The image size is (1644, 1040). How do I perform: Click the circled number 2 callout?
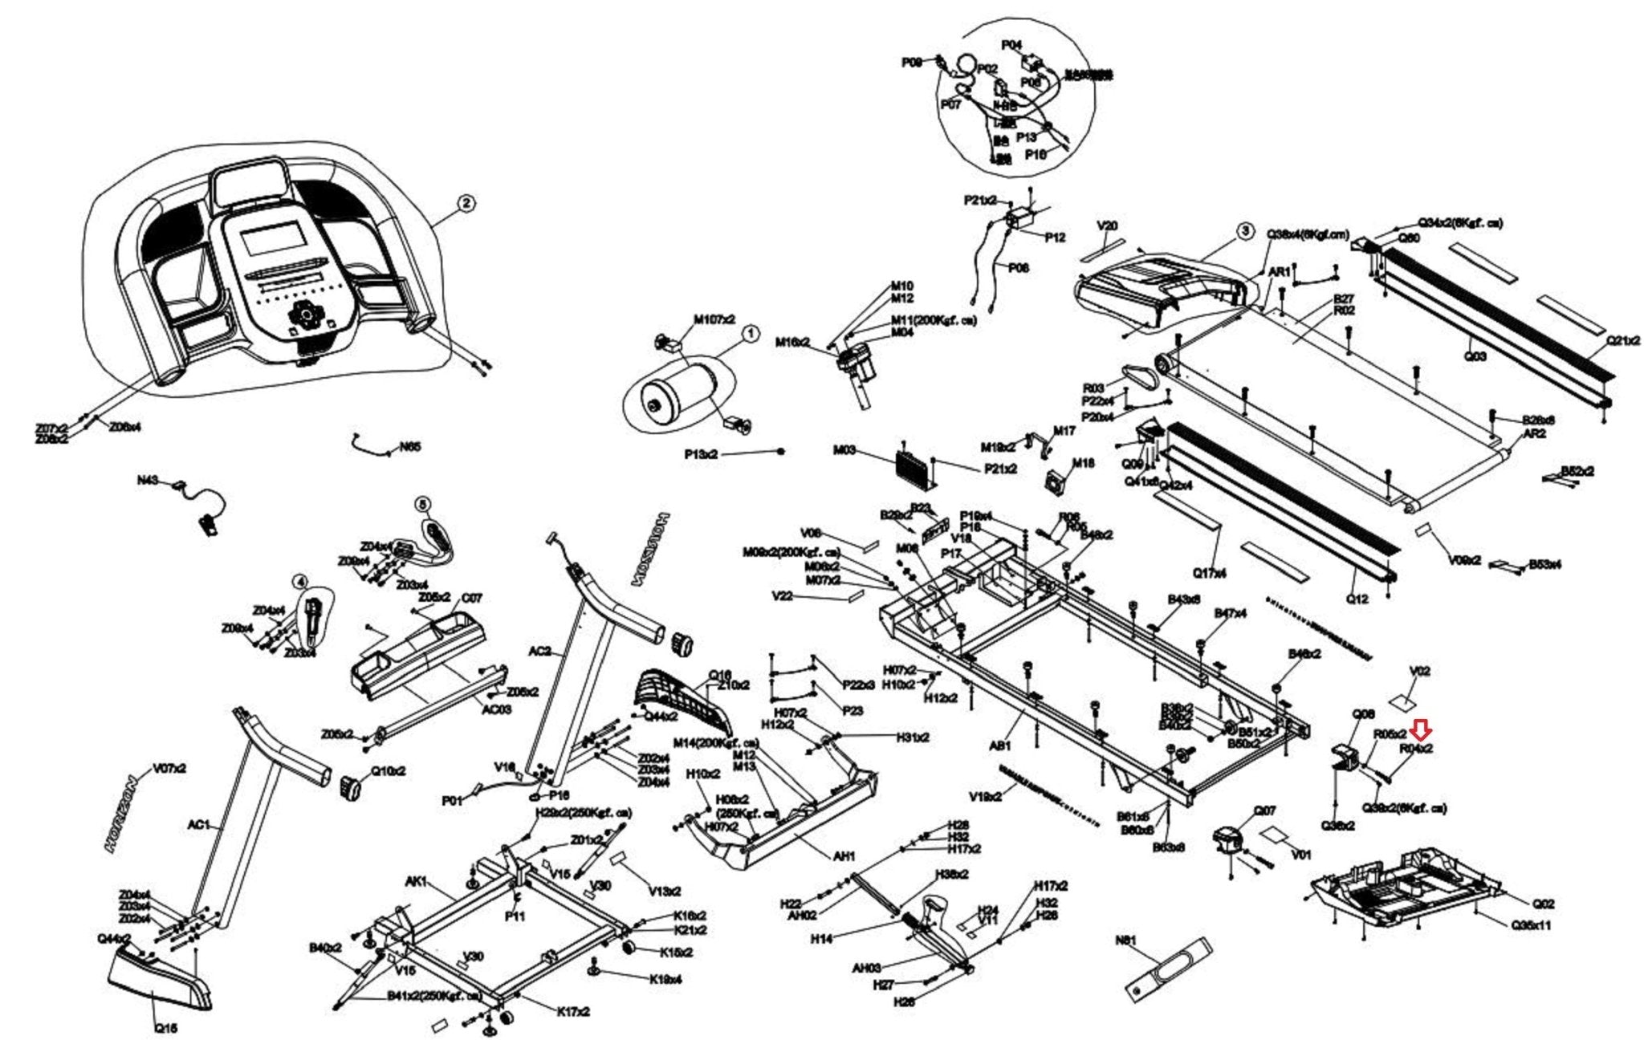tap(466, 204)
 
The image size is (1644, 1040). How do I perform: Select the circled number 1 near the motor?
tap(750, 333)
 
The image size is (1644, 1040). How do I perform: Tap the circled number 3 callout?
tap(1244, 232)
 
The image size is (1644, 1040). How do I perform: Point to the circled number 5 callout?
tap(423, 504)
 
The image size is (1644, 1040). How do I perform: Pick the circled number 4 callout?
tap(299, 580)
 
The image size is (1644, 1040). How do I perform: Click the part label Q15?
tap(166, 1028)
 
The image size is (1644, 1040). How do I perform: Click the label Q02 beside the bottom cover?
tap(1522, 904)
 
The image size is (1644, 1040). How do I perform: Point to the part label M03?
tap(844, 450)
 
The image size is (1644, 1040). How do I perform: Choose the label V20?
tap(1107, 226)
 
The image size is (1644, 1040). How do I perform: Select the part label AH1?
tap(844, 857)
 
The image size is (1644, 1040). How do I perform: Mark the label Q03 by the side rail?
tap(1475, 356)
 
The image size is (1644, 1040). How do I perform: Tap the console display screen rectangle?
tap(274, 241)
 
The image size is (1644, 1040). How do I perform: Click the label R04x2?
tap(1416, 749)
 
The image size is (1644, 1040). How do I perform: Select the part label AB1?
tap(999, 745)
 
